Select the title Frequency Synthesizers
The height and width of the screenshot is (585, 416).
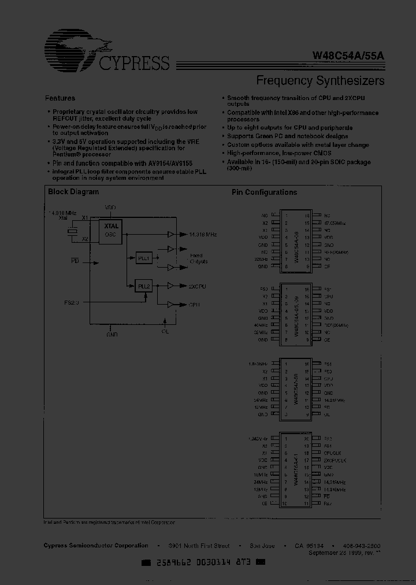click(320, 80)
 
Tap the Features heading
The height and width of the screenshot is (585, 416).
click(60, 98)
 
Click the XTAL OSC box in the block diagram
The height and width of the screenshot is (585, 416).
click(110, 231)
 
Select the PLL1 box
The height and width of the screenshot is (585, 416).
click(143, 258)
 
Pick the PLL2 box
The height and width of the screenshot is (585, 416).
click(143, 286)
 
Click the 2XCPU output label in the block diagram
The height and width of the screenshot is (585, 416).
click(197, 286)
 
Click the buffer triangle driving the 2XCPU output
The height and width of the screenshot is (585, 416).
click(170, 286)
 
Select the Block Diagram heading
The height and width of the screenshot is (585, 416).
click(73, 192)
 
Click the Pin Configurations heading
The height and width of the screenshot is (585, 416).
click(264, 192)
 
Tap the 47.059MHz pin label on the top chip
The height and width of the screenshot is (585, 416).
click(335, 223)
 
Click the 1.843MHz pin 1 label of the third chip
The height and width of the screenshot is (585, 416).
click(258, 364)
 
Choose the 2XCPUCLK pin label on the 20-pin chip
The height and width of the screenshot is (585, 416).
click(336, 460)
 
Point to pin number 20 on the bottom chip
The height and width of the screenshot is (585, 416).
click(307, 439)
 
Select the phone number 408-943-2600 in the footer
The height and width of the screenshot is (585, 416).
click(362, 546)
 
